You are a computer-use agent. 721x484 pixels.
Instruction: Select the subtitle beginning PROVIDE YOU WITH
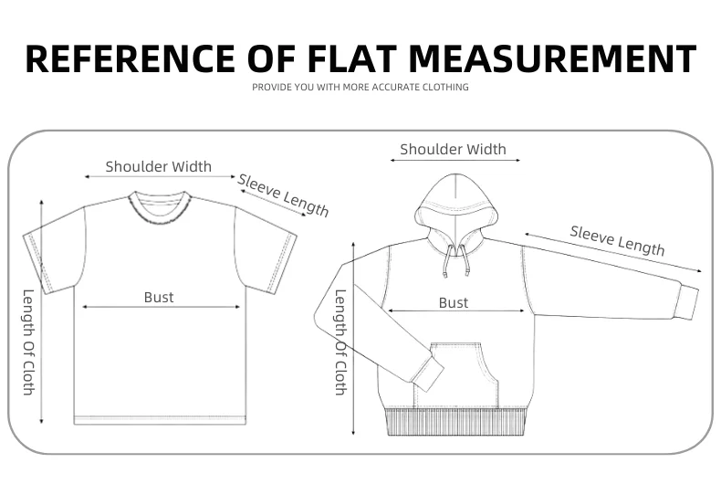click(x=360, y=88)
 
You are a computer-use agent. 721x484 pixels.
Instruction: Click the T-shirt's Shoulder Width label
click(x=158, y=166)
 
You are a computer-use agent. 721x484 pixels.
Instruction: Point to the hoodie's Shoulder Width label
click(x=453, y=149)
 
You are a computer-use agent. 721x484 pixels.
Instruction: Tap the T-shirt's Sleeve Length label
click(x=283, y=194)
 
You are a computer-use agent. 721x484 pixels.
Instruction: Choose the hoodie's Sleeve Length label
click(x=617, y=239)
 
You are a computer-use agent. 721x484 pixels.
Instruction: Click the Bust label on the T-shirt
click(x=159, y=297)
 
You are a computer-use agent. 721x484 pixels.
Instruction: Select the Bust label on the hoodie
click(x=454, y=302)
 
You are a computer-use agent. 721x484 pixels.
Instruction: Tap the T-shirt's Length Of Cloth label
click(x=28, y=342)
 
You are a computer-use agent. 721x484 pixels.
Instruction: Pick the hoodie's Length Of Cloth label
click(x=340, y=342)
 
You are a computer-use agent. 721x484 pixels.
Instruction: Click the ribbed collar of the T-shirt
click(x=159, y=205)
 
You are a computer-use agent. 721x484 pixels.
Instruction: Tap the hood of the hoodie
click(x=456, y=201)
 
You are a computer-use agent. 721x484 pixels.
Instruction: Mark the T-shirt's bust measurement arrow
click(x=161, y=307)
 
